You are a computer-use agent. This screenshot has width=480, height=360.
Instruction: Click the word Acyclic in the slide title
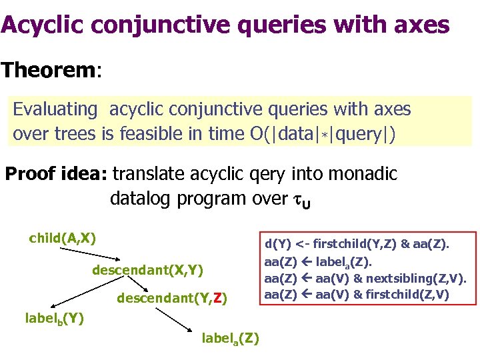point(41,25)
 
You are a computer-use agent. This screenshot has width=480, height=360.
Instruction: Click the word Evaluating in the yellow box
point(56,109)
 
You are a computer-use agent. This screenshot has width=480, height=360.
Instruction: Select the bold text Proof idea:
point(56,175)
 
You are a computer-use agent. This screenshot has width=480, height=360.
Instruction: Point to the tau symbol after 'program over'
point(293,199)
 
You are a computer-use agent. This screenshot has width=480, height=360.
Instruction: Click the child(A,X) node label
point(63,238)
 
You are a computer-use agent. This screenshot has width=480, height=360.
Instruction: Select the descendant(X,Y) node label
point(147,270)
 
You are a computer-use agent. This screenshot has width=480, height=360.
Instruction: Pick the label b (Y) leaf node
point(54,319)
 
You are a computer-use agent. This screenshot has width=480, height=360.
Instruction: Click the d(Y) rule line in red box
point(357,245)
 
